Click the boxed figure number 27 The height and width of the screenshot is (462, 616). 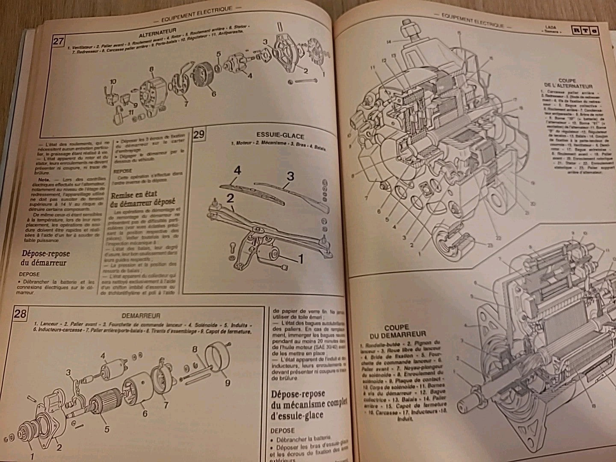pos(58,42)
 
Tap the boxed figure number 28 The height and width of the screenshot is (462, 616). pos(20,314)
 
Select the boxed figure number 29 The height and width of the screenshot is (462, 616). pos(198,136)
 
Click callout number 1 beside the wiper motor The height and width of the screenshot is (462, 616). pos(300,258)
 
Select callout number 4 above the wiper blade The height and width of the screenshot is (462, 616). pos(237,170)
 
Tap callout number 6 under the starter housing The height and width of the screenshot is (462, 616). pos(145,414)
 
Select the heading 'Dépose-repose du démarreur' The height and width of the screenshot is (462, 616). pos(45,258)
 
